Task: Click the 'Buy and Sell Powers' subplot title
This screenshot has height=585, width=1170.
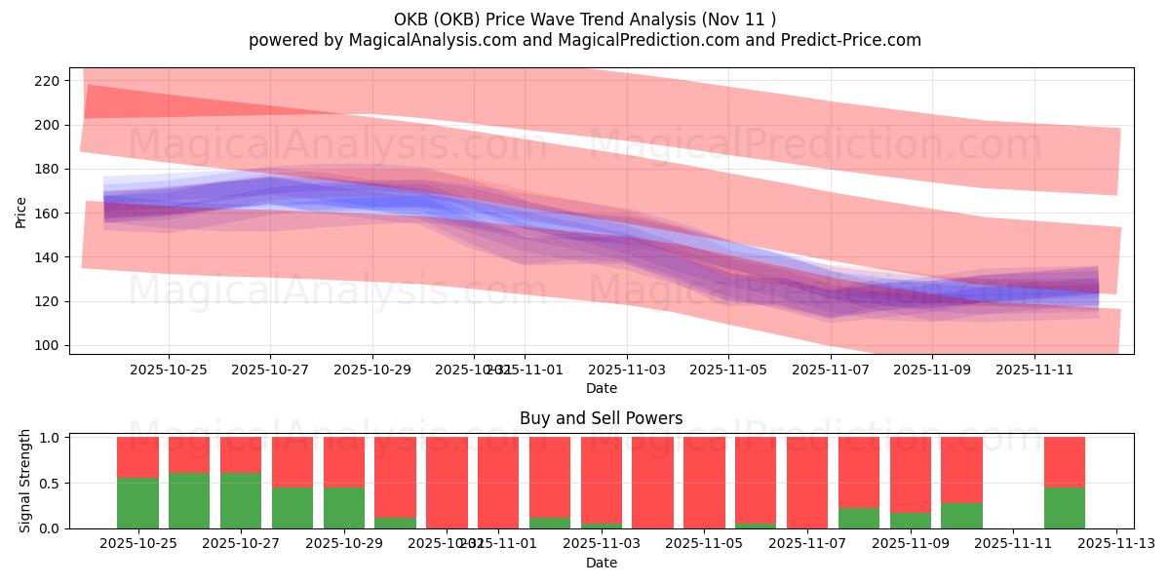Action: click(601, 418)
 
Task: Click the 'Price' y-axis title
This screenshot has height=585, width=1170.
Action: click(21, 213)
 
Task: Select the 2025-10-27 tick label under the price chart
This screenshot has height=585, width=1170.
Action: click(270, 370)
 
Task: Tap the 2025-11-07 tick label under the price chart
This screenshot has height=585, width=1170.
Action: click(830, 370)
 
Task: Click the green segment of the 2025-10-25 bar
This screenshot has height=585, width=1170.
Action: click(137, 503)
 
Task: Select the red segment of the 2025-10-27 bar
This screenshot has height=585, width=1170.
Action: click(241, 454)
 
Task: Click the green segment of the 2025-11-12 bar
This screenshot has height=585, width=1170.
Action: click(1065, 508)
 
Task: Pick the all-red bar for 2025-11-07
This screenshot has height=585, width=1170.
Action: click(807, 483)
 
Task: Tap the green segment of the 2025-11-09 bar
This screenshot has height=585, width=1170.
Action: click(911, 521)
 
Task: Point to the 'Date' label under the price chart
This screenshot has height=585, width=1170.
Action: click(601, 388)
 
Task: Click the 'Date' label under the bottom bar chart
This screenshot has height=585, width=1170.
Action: click(601, 563)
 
